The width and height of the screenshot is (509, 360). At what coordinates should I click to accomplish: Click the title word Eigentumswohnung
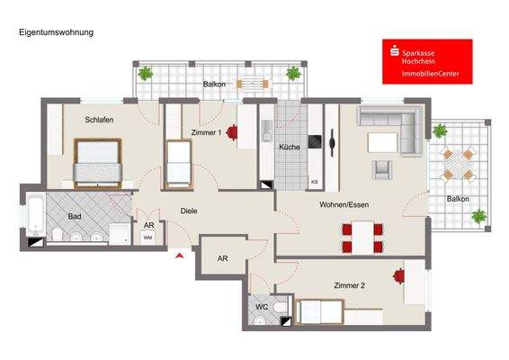[x=56, y=32]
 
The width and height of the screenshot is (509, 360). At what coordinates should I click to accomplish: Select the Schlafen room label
[x=99, y=120]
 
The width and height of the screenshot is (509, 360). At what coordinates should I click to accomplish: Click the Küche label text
[x=289, y=147]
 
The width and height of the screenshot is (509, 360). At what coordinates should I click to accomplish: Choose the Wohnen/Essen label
[x=344, y=204]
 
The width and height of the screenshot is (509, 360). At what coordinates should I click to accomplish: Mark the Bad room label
[x=76, y=216]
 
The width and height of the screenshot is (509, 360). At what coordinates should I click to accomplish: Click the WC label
[x=262, y=307]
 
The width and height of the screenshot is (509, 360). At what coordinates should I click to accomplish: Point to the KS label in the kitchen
[x=314, y=182]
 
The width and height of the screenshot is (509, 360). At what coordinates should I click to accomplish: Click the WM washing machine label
[x=147, y=237]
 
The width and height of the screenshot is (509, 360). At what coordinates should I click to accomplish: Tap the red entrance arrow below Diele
[x=180, y=256]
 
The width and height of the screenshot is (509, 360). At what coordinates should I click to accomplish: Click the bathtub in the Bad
[x=32, y=212]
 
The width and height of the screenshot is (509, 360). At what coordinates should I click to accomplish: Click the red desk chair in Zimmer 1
[x=232, y=133]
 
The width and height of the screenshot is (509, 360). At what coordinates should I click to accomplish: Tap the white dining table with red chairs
[x=362, y=236]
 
